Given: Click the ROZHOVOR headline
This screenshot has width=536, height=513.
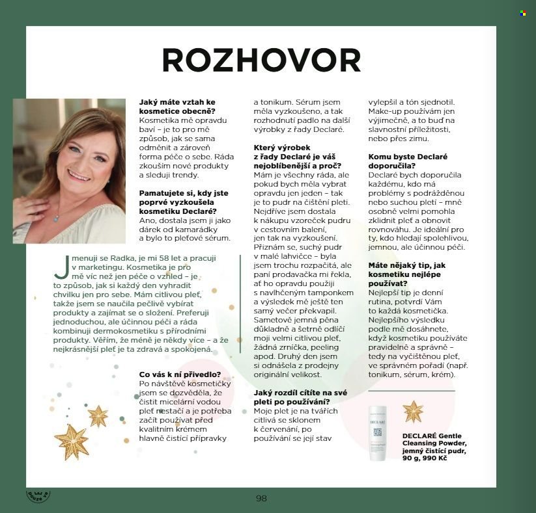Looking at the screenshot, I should [261, 60].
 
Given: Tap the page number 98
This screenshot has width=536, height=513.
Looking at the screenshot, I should [261, 498].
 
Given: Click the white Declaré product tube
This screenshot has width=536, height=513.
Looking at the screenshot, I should [378, 433].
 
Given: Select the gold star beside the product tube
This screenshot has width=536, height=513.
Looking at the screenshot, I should [413, 412].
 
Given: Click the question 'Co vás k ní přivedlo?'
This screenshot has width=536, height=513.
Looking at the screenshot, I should [180, 374].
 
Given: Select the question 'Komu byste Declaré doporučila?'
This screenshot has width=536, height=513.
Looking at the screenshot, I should [408, 161].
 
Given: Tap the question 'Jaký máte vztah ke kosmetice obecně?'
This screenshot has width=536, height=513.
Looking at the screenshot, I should [177, 107].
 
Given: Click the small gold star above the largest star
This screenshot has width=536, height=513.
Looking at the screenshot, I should [98, 415].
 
